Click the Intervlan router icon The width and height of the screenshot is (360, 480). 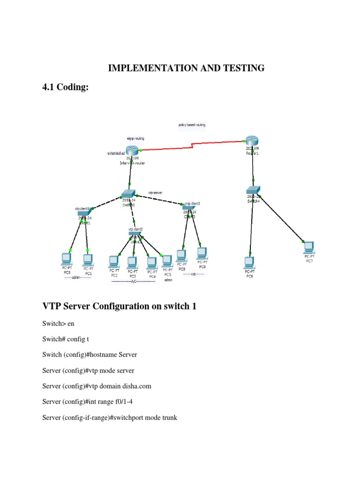[x=132, y=150]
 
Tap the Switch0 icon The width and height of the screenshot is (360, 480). [x=128, y=194]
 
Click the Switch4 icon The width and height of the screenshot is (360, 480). [x=253, y=190]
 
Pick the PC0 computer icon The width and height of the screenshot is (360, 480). [x=67, y=258]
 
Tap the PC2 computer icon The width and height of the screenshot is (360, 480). [x=113, y=261]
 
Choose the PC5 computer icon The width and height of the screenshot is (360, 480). [x=167, y=260]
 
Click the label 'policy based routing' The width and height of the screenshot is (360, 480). [x=192, y=125]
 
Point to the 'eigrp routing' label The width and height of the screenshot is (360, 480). [x=135, y=139]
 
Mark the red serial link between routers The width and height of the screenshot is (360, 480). [x=192, y=145]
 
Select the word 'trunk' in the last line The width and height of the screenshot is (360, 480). [x=167, y=417]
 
